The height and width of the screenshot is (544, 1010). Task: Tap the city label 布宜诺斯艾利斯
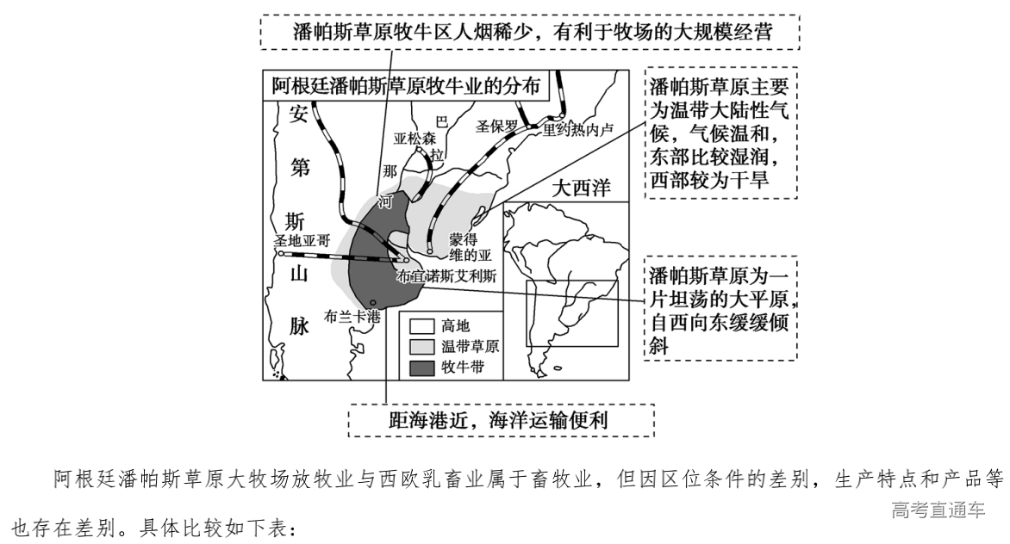[446, 277]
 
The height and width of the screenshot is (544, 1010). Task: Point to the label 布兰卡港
[352, 317]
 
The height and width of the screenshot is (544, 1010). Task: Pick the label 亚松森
[415, 138]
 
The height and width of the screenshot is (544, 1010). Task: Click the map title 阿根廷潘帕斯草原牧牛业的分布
[406, 88]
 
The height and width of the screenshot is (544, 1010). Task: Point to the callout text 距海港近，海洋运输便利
[501, 422]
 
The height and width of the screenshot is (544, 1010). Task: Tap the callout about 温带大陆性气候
[720, 133]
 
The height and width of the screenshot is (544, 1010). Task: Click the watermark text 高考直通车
[938, 510]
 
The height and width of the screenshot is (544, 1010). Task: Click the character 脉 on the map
[298, 325]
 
